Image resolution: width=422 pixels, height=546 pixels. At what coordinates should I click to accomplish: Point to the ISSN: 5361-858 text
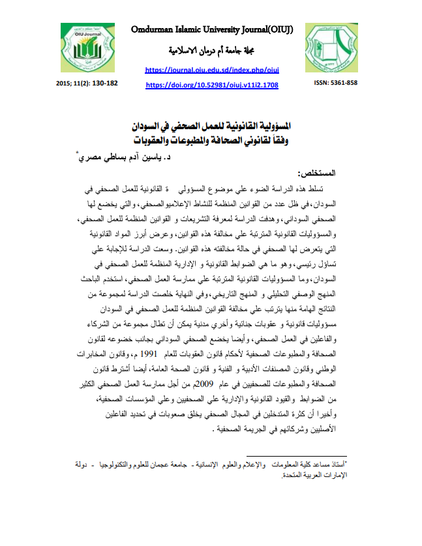335,83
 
